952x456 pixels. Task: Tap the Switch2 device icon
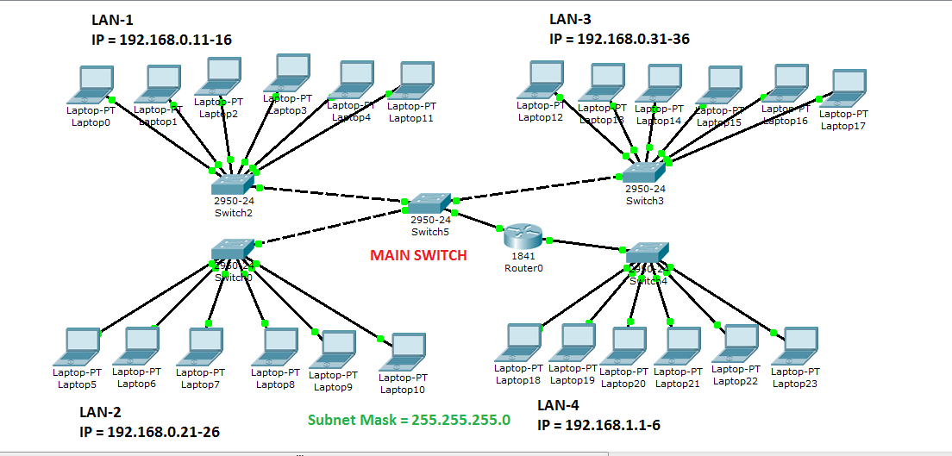pos(233,184)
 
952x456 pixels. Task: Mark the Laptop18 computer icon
pos(519,343)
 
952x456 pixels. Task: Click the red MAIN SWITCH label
pos(418,255)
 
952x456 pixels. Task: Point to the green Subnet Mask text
pos(409,421)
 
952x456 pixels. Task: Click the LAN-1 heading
pos(114,19)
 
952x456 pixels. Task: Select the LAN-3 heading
pos(572,19)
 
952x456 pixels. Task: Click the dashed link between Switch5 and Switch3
pos(543,188)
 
